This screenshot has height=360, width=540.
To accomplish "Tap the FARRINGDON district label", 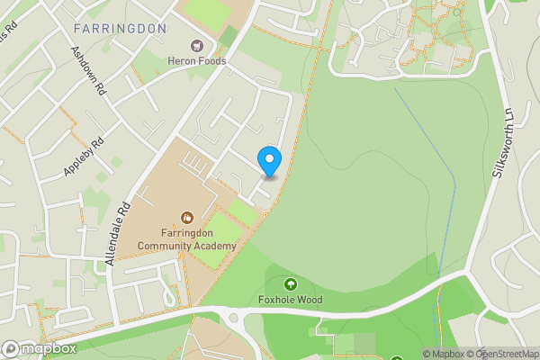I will [121, 29].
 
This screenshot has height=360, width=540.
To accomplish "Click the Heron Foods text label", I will [195, 61].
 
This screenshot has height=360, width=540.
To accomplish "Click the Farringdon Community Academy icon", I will [187, 217].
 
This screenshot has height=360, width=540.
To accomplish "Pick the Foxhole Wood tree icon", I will [291, 283].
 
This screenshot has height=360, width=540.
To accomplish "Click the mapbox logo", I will [40, 348].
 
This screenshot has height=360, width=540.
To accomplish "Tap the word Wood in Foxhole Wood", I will [310, 300].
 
